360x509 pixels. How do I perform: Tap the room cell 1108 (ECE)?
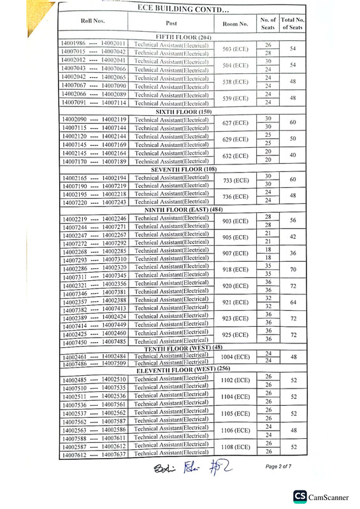tap(235, 447)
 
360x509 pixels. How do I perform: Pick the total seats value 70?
tap(292, 270)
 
